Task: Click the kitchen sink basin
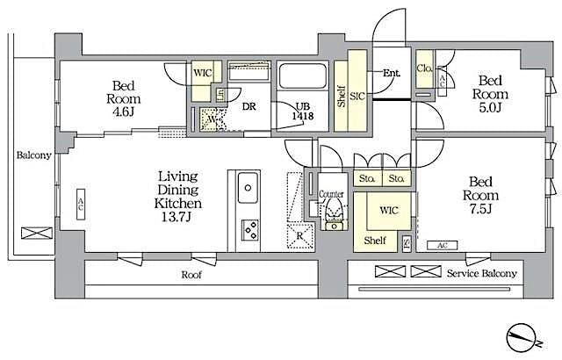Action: point(248,187)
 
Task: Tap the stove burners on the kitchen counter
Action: point(249,230)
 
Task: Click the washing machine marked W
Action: point(209,119)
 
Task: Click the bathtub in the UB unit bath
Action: point(301,76)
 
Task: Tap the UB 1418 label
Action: point(301,108)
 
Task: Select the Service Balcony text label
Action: point(481,273)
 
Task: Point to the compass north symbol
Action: point(523,336)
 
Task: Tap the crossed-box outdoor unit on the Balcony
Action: point(37,234)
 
